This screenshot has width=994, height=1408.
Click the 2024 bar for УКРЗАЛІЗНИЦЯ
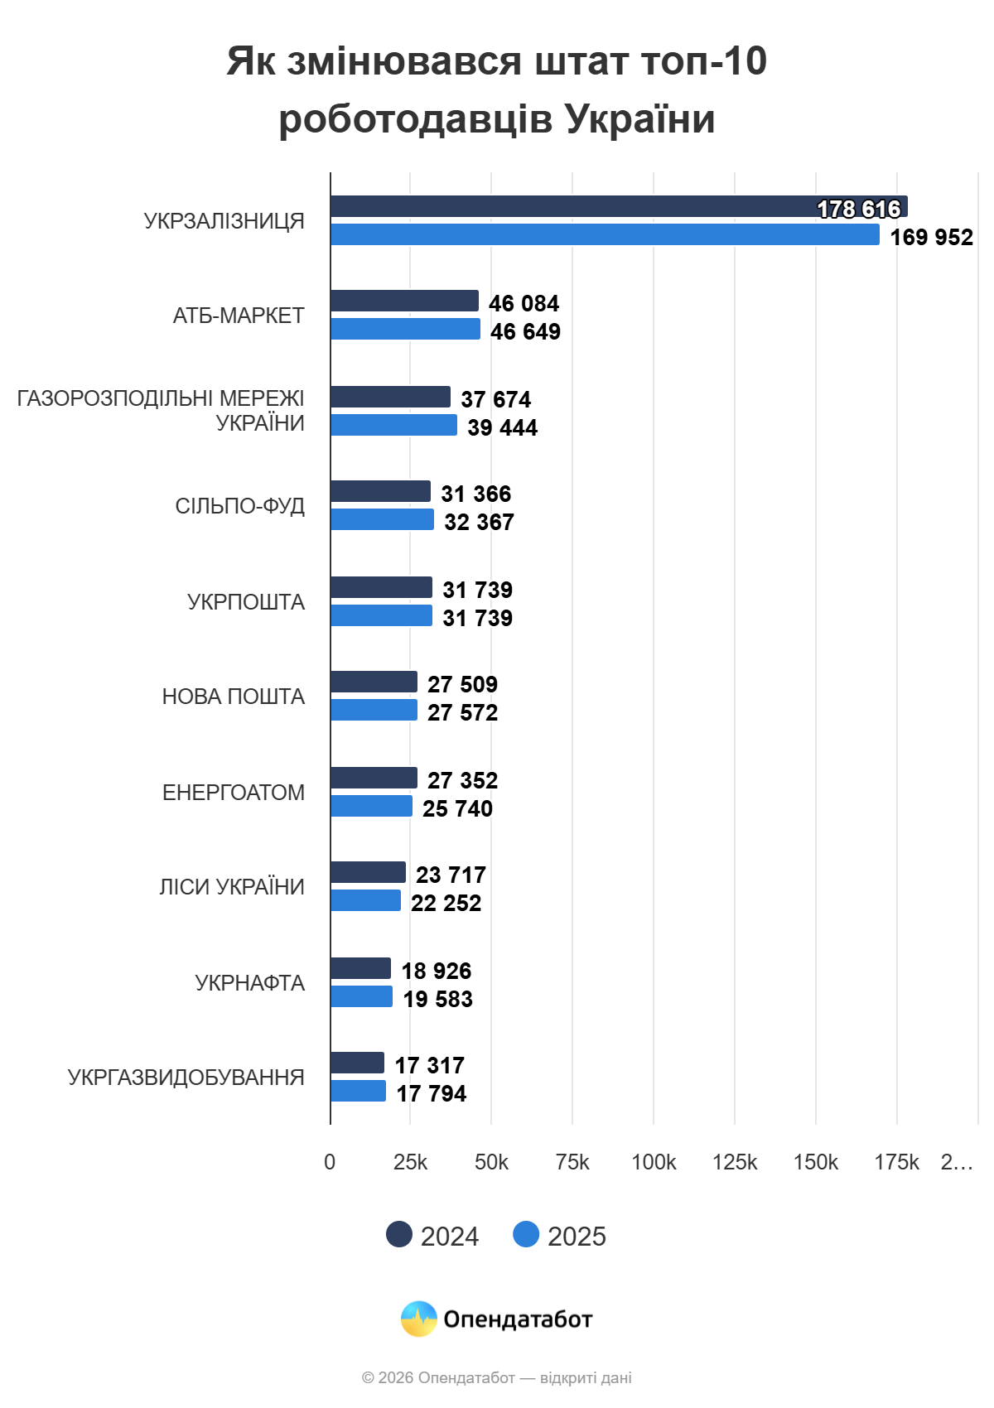(580, 206)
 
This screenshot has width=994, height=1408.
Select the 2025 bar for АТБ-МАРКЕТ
(405, 329)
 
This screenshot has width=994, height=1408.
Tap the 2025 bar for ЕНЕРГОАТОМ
(371, 806)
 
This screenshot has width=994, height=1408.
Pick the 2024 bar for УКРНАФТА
(360, 968)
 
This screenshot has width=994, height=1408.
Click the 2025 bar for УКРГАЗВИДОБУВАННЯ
(358, 1091)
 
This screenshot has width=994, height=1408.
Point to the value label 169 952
(931, 237)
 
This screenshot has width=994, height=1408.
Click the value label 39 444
(502, 427)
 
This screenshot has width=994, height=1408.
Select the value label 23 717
(451, 875)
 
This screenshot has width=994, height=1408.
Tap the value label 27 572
(462, 712)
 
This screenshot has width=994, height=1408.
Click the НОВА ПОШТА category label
(234, 697)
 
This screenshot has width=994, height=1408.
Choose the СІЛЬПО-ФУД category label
(240, 506)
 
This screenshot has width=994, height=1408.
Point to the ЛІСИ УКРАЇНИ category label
(232, 887)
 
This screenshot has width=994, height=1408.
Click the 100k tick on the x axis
(654, 1162)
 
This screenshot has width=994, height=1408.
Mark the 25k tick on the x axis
(410, 1162)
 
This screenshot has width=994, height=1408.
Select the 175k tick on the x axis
(896, 1162)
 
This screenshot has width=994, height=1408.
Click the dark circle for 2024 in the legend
(399, 1234)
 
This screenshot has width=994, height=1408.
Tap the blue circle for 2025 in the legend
(526, 1234)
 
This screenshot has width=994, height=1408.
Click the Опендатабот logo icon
(419, 1319)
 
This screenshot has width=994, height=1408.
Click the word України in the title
(640, 118)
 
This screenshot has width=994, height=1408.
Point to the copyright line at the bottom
(497, 1377)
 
